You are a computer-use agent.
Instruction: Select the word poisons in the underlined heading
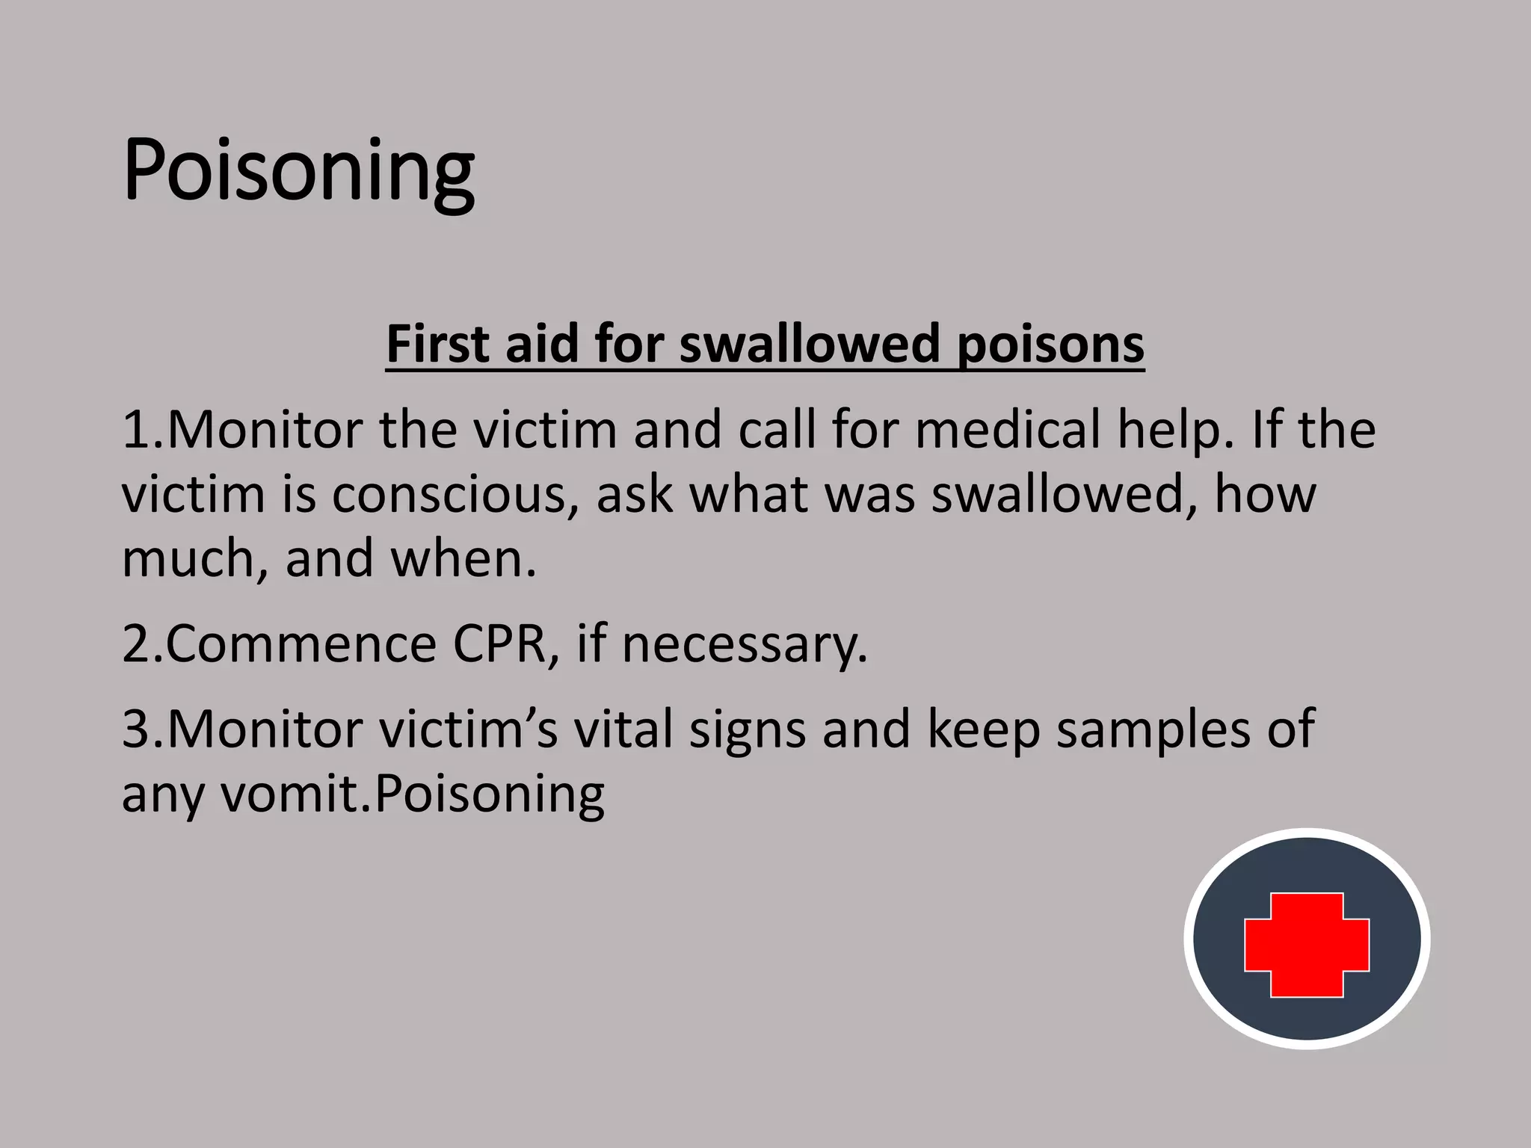(x=1050, y=345)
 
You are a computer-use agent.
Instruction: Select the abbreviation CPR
(x=499, y=644)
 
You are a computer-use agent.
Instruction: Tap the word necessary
(x=745, y=645)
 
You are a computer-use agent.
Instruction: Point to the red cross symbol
(x=1307, y=945)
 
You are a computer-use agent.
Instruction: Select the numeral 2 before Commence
(x=138, y=644)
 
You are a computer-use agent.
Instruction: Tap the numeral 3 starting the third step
(x=138, y=729)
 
